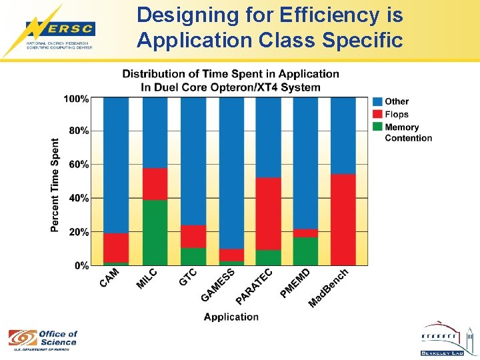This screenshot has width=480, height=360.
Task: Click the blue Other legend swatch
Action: [x=377, y=101]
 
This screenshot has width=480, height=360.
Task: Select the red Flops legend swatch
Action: [x=377, y=114]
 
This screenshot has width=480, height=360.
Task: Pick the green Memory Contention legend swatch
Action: [x=377, y=127]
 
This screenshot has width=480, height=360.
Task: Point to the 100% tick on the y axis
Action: [x=76, y=99]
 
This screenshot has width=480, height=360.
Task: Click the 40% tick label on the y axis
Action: [x=79, y=198]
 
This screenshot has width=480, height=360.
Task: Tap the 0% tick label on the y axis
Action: [x=81, y=265]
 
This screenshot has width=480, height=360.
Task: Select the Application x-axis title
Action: [x=231, y=317]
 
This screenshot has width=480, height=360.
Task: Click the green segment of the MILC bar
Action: [x=155, y=233]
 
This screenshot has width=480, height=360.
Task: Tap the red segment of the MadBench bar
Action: [x=343, y=219]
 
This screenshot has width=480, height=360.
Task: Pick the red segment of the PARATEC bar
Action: [x=269, y=213]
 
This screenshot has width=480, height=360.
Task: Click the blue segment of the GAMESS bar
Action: [x=231, y=173]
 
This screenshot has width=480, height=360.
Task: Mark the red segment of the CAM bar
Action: [x=116, y=247]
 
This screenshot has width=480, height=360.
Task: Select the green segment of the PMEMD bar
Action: [x=305, y=251]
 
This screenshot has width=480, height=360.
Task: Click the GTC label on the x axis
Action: [x=188, y=277]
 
